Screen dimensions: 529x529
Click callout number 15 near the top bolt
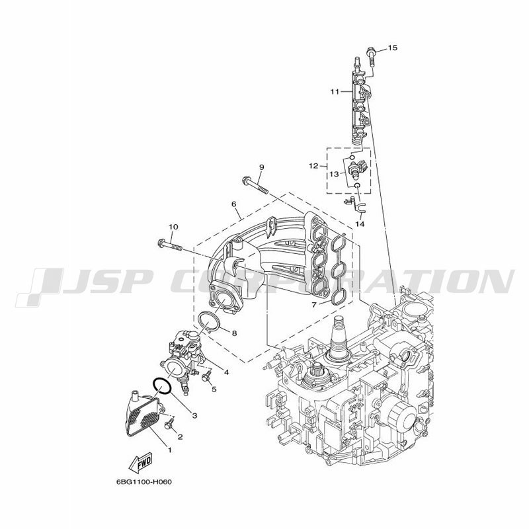click(x=392, y=48)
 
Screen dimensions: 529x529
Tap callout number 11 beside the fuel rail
click(x=335, y=91)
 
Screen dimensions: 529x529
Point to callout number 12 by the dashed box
click(x=313, y=166)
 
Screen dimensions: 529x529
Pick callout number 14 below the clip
click(x=360, y=224)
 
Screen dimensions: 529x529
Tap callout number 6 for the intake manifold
click(x=234, y=204)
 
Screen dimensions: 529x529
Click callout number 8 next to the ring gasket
click(x=234, y=333)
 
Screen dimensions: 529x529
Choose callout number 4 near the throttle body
click(x=226, y=372)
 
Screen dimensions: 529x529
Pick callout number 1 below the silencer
click(x=170, y=450)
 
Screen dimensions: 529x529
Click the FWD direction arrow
click(x=140, y=462)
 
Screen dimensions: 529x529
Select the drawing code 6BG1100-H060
click(x=144, y=482)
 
